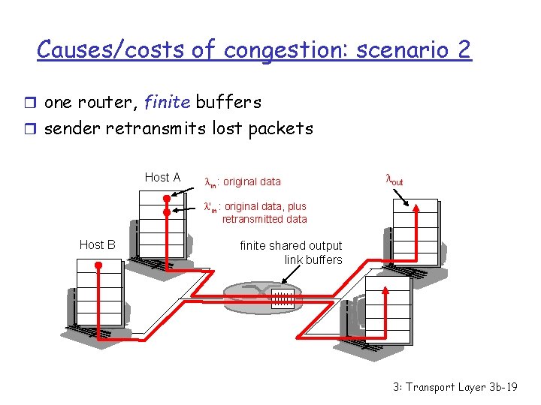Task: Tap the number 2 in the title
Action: (x=463, y=50)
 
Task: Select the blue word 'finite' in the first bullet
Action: (x=168, y=102)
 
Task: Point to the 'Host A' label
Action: (x=162, y=178)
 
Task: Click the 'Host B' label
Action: (x=97, y=244)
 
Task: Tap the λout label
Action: (x=394, y=180)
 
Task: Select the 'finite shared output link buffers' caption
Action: (x=291, y=253)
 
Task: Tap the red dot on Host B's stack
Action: (x=98, y=265)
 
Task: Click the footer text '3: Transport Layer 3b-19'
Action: (x=455, y=387)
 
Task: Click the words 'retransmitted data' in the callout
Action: (x=264, y=219)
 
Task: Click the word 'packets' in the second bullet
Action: (x=283, y=128)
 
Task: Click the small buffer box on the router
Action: (x=282, y=298)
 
